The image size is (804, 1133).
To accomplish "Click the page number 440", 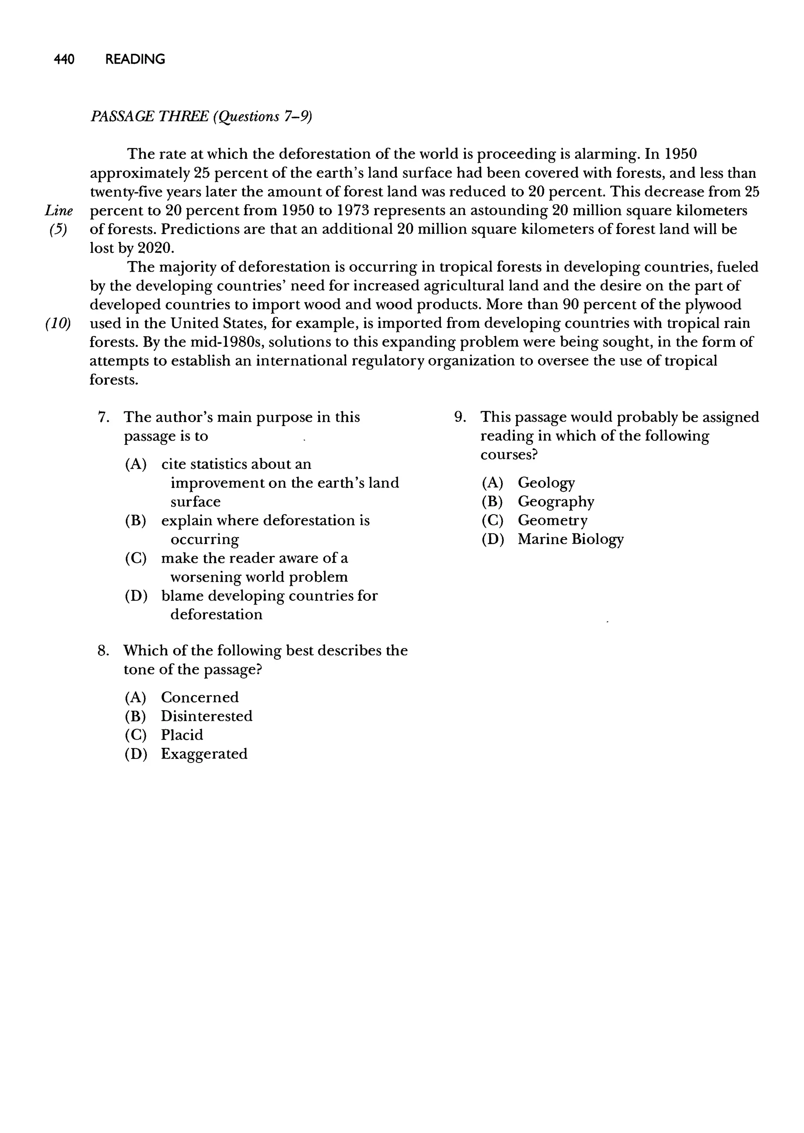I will point(64,59).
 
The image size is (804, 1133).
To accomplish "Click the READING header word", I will point(135,59).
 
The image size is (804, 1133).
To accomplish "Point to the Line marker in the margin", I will point(59,211).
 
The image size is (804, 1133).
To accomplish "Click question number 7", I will point(103,417).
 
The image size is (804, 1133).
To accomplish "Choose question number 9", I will point(460,417).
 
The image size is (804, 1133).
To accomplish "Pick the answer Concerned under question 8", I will point(199,697).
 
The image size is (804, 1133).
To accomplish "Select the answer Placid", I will point(182,735).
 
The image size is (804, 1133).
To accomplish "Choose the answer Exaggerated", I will point(204,754).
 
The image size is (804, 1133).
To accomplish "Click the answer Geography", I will point(555,502).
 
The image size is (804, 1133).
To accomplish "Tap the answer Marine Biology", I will point(570,539).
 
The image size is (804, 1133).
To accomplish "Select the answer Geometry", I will point(552,521).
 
